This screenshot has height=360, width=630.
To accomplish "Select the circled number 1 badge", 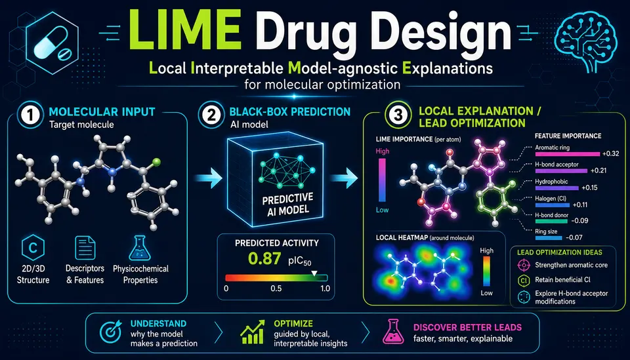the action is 30,115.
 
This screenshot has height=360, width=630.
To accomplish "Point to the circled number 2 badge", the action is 212,115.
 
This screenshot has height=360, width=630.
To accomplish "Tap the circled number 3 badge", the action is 398,115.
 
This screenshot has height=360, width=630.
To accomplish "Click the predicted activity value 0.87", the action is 264,259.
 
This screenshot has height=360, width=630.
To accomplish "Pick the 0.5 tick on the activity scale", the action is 276,289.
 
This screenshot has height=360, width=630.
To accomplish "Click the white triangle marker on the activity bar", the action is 314,273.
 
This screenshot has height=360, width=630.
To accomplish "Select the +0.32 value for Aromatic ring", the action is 610,153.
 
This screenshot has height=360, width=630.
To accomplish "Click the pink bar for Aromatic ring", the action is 567,153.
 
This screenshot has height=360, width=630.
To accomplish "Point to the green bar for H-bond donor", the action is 551,221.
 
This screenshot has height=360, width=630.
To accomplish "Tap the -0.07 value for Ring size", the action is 574,237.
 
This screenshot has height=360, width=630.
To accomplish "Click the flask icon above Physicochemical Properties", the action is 140,248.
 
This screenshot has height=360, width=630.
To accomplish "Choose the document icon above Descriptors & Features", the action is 85,248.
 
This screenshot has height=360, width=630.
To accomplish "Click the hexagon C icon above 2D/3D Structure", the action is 33,248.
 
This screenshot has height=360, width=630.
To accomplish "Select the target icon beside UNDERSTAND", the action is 110,332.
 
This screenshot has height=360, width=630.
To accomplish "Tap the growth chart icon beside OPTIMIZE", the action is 252,332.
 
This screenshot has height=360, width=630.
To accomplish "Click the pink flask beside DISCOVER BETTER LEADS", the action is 393,332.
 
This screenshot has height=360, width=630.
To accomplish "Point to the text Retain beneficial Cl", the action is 562,280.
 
